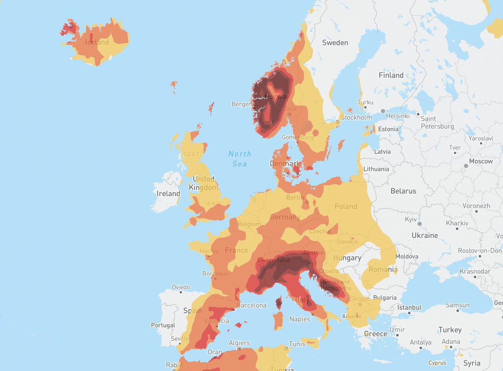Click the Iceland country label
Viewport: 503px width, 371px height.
pos(97,42)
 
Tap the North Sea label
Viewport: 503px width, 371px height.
pos(240,159)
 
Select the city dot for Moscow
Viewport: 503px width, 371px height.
pos(466,166)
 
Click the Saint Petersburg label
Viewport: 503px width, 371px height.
pos(437,122)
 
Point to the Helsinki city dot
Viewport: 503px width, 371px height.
pos(382,111)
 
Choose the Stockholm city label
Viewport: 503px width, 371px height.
pos(356,117)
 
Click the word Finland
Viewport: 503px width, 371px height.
pos(391,75)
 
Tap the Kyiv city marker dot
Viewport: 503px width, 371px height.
pos(419,224)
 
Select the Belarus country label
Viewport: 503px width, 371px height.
pos(403,191)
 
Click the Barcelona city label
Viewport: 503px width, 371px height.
pos(251,305)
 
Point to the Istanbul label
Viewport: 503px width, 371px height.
pos(409,307)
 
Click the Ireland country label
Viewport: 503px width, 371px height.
pos(168,194)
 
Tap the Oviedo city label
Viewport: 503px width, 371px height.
pos(181,288)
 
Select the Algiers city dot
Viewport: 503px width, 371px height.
pos(239,348)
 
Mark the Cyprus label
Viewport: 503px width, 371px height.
pos(437,363)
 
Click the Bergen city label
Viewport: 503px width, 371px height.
pos(241,104)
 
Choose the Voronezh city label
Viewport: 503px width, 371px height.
pos(476,206)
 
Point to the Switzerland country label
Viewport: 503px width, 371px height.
pos(273,260)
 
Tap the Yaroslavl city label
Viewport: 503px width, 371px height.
pos(480,138)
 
